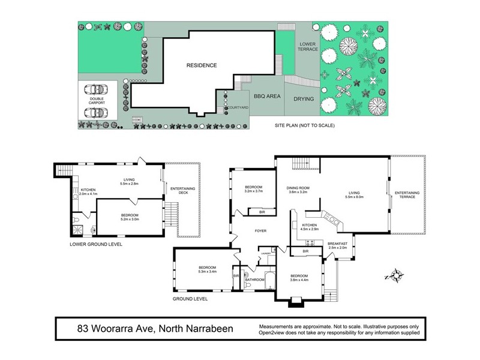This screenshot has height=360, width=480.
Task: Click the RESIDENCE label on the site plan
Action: pyautogui.click(x=201, y=65)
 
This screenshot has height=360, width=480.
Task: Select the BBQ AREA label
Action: pyautogui.click(x=268, y=96)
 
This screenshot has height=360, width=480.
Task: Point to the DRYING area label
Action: pyautogui.click(x=304, y=98)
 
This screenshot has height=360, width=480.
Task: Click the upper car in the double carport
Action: pyautogui.click(x=96, y=89)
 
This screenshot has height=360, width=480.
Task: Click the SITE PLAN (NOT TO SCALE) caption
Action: pyautogui.click(x=304, y=125)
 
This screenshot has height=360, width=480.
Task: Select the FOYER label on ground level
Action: pyautogui.click(x=260, y=230)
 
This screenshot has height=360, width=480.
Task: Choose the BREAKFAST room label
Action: pyautogui.click(x=338, y=243)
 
